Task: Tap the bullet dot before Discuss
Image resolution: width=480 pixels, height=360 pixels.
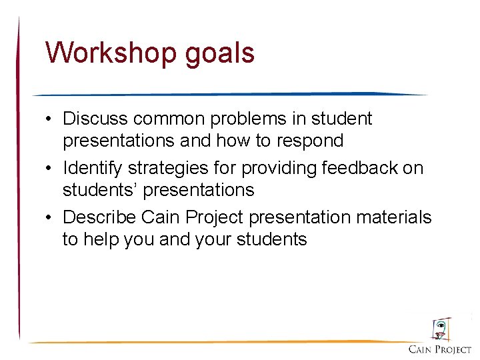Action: click(50, 120)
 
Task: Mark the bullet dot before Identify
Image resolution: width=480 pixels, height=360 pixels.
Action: click(50, 169)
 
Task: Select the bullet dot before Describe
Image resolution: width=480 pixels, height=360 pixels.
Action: click(50, 218)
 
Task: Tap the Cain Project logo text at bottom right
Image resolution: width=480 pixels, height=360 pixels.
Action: click(440, 349)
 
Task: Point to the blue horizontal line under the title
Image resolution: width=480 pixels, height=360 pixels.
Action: click(227, 94)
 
